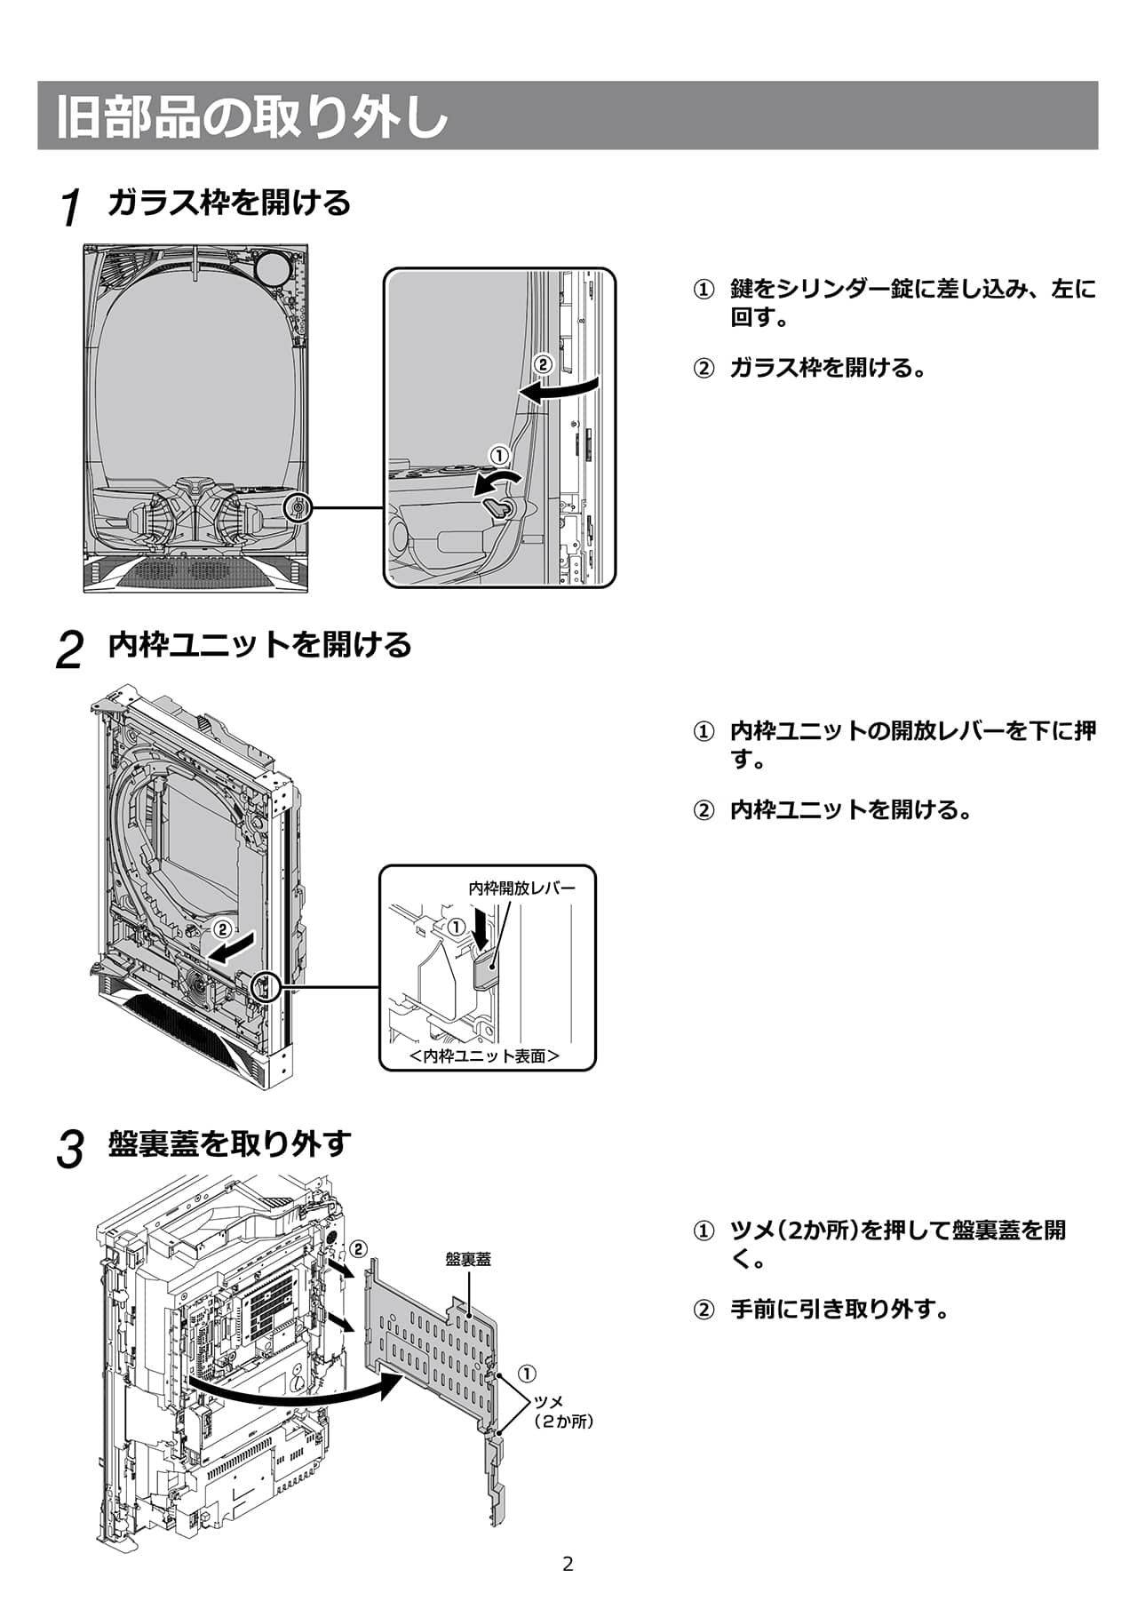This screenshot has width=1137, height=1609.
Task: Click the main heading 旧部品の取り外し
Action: (252, 116)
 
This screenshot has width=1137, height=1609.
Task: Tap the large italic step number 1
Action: (71, 208)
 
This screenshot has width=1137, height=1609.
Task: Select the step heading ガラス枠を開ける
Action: (229, 203)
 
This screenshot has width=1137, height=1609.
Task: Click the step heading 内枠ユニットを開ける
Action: (259, 644)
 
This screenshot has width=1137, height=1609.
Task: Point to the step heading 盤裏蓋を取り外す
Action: (229, 1143)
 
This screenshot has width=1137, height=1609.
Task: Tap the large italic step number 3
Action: (70, 1150)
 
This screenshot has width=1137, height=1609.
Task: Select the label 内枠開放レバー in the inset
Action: (521, 888)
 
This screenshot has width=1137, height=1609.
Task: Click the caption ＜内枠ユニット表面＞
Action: (485, 1055)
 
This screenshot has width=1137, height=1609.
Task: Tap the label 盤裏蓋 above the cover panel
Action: (467, 1259)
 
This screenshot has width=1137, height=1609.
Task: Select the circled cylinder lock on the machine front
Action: (298, 508)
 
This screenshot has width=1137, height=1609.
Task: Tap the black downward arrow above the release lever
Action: (481, 930)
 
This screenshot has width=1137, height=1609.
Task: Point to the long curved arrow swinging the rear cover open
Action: (293, 1394)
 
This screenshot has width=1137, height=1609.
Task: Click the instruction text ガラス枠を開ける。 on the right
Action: (828, 367)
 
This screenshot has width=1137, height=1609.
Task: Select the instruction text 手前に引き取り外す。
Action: (839, 1309)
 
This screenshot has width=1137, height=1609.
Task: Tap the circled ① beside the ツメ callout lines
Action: (527, 1373)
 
